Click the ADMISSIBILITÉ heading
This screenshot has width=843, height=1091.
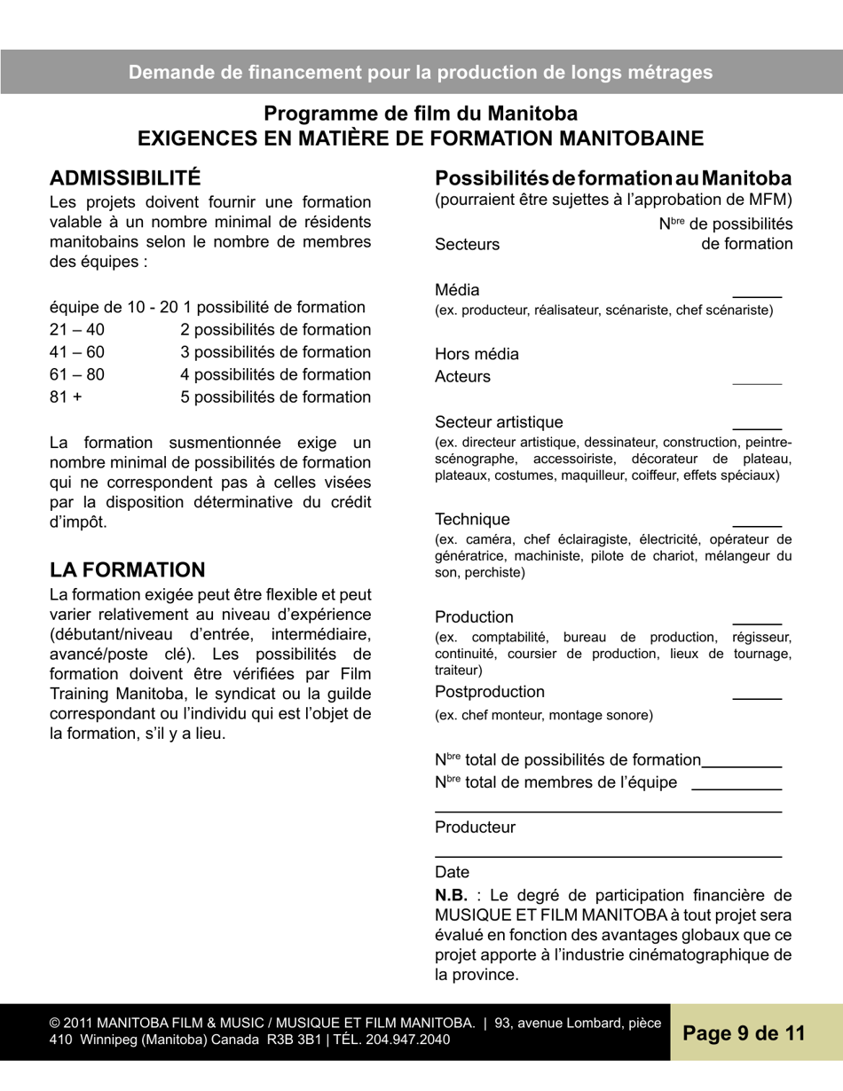coord(125,177)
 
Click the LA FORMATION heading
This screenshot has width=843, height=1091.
coord(127,569)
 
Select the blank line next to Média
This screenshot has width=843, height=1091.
coord(756,294)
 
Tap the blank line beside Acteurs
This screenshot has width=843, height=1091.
coord(756,382)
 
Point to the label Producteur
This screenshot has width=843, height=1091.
coord(475,828)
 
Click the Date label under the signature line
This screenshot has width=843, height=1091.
coord(452,873)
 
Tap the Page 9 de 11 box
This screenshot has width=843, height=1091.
coord(744,1033)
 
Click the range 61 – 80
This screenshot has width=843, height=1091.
coord(77,374)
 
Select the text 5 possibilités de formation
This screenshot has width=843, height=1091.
coord(275,396)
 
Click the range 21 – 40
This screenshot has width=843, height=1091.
coord(77,330)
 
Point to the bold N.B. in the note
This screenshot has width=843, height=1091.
coord(451,895)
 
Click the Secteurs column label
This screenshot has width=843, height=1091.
coord(467,244)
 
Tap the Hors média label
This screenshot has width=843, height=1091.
coord(477,355)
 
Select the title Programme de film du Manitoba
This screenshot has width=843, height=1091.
coord(421,114)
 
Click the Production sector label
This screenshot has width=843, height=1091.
coord(474,616)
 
